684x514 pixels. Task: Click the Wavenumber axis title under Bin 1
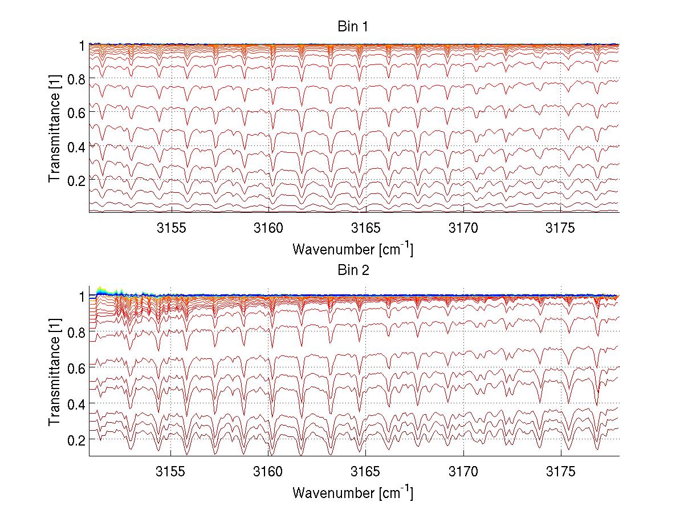coord(352,249)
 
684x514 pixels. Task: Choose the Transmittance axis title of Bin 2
coord(55,372)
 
